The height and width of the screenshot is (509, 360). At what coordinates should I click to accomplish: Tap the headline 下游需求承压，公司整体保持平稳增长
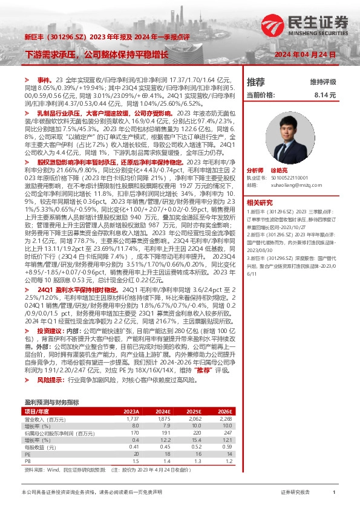point(97,54)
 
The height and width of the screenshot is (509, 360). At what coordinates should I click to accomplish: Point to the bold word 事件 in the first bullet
point(44,80)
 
